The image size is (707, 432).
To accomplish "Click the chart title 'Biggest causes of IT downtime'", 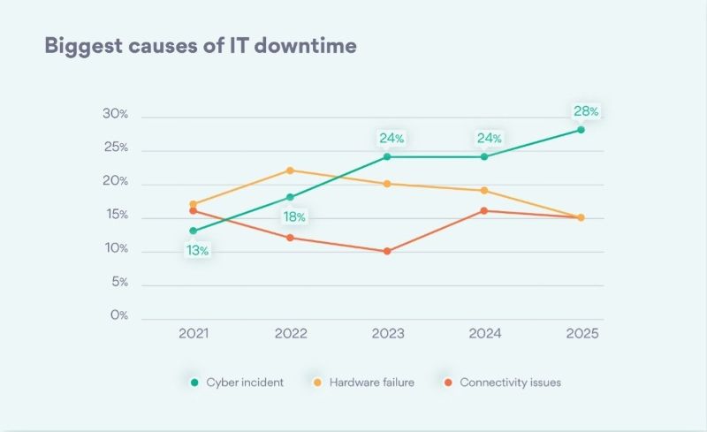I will (201, 45).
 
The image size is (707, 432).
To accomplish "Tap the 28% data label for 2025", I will (585, 111).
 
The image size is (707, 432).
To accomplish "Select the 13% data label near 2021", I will (197, 251).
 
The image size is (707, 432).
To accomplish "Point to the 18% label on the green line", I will (294, 217).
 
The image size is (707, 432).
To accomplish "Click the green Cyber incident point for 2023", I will (388, 157).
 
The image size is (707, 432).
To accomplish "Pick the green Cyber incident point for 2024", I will (484, 157).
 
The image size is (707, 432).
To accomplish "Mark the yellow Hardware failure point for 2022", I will (291, 171).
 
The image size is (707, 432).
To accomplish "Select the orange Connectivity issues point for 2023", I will (388, 252).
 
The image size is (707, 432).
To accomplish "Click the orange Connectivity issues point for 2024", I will (484, 210).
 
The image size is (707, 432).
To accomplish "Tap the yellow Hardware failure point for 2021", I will (194, 204).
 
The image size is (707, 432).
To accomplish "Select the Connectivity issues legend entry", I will (501, 383).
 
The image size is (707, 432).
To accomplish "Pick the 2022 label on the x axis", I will (291, 334).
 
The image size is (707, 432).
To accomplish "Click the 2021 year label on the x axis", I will (194, 334).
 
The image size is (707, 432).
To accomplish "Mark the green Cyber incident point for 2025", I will (581, 130).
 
